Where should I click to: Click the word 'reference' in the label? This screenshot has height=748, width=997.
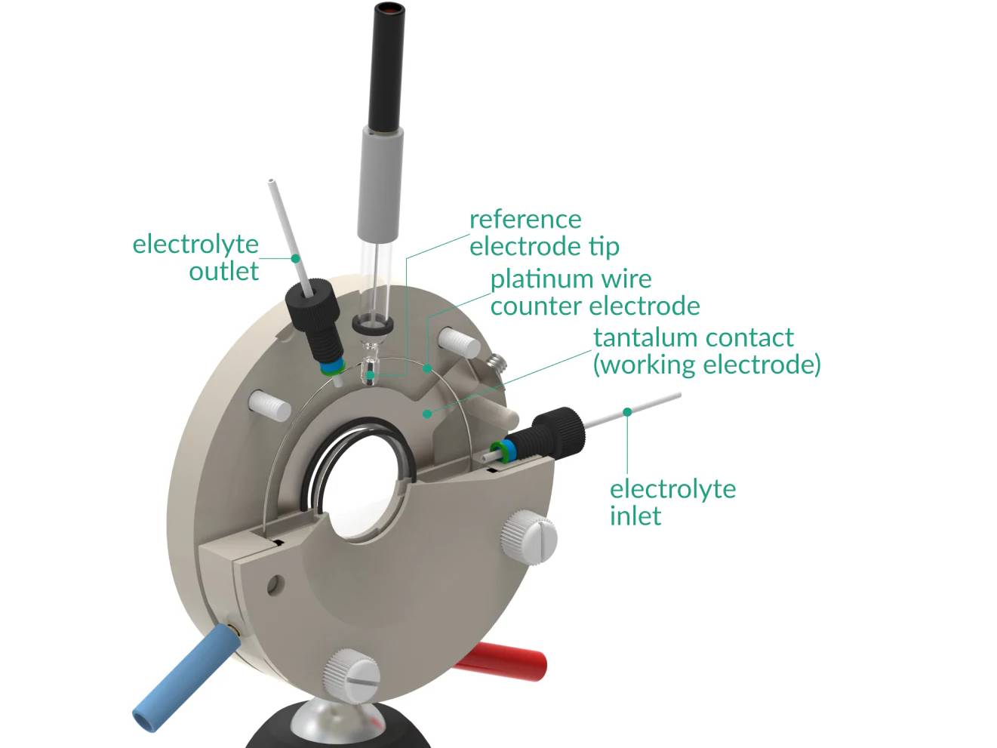click(x=525, y=220)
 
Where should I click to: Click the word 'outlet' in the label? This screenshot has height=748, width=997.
click(x=223, y=271)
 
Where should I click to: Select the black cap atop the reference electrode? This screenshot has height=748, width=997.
click(x=389, y=64)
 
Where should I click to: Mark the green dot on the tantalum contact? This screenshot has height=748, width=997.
click(x=427, y=414)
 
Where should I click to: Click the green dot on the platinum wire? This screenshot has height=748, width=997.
click(x=427, y=369)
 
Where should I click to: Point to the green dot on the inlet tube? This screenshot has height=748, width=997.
click(x=627, y=411)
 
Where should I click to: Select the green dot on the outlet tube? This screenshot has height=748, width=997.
click(x=296, y=258)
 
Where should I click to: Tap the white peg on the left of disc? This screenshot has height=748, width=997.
click(x=270, y=405)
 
